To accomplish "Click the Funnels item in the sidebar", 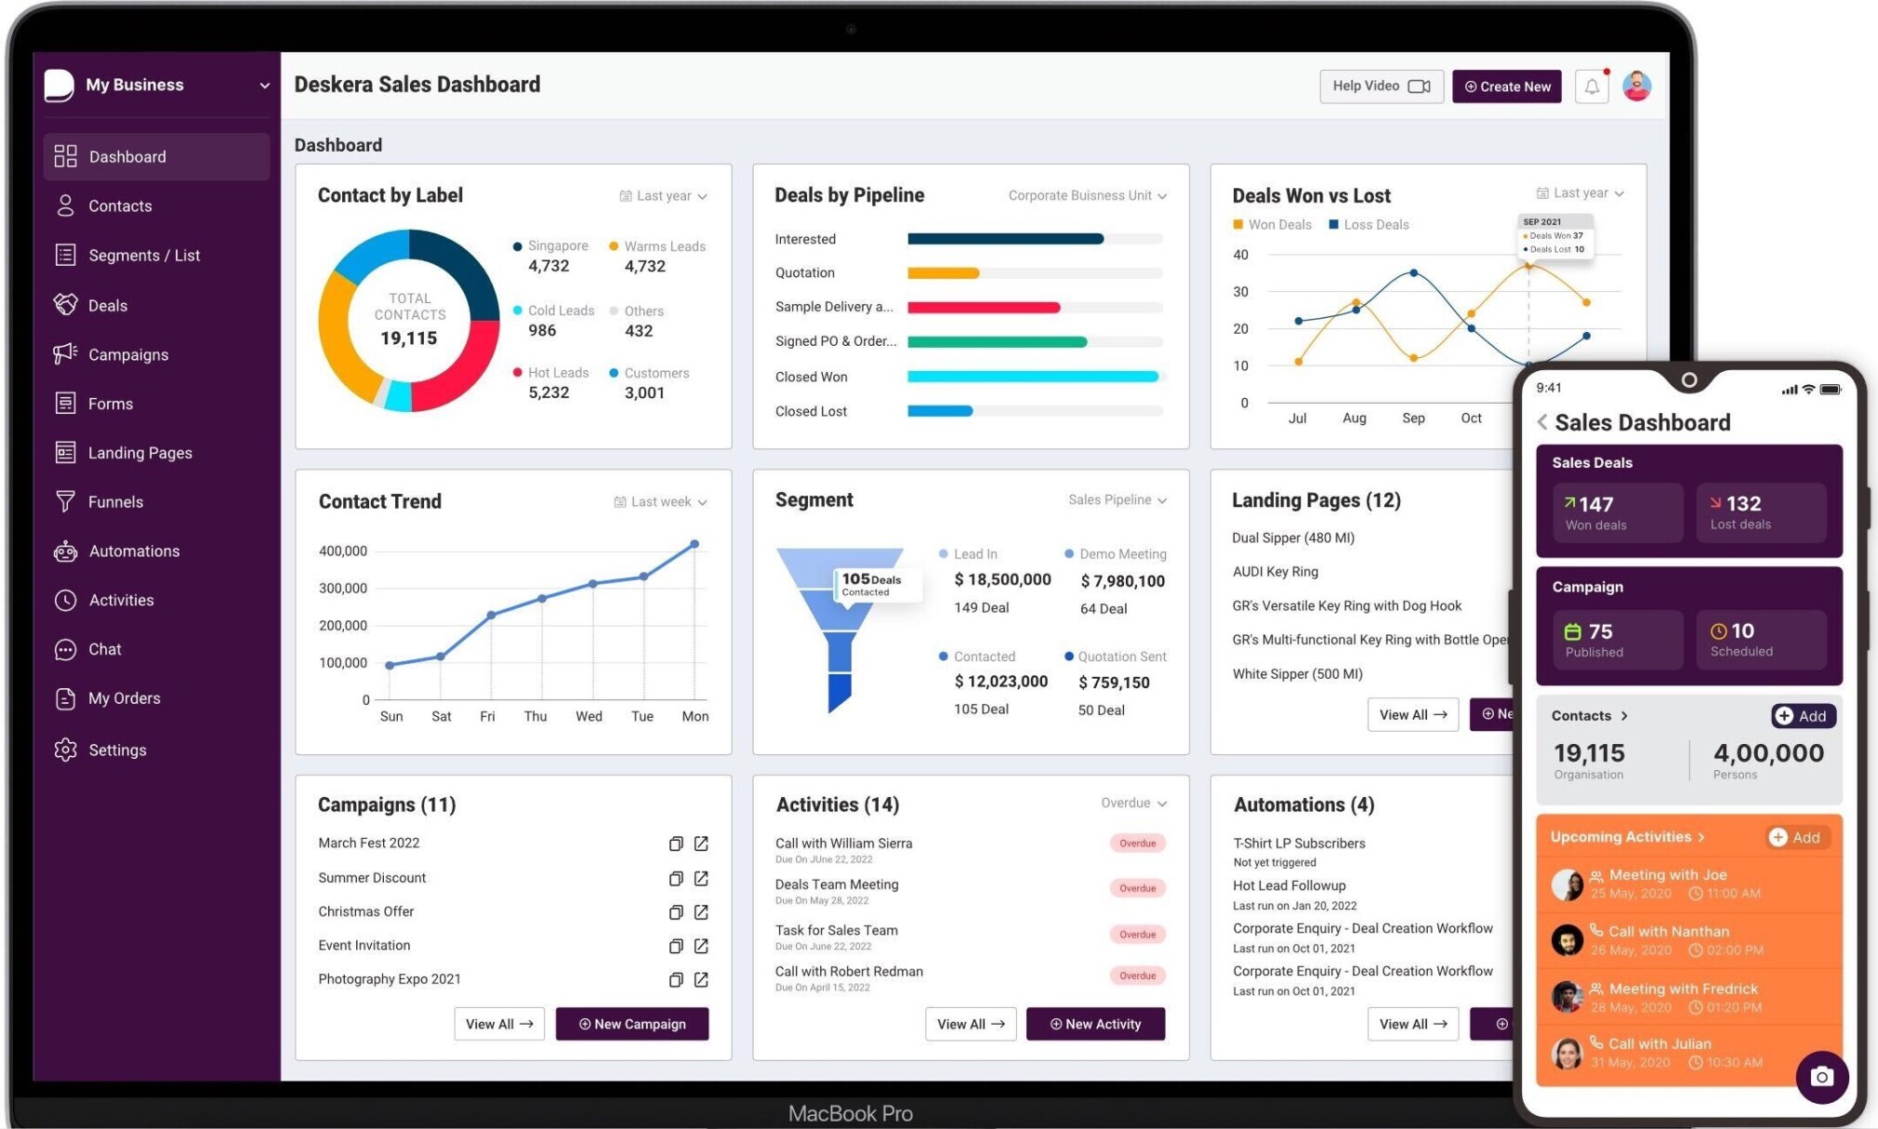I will point(115,502).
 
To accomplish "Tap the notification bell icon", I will point(1592,86).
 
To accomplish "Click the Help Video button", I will point(1381,86).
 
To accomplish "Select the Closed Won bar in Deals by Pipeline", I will point(1032,377).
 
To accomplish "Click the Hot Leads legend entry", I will point(557,373).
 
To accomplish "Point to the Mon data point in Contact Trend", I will point(694,544).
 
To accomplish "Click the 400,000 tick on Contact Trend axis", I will point(343,551).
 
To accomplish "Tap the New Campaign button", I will point(632,1024).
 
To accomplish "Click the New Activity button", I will point(1095,1024).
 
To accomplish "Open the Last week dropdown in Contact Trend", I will point(661,502).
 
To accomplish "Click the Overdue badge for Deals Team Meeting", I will point(1137,888).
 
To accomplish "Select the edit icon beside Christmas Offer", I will point(702,912).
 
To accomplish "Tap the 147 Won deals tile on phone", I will point(1618,512).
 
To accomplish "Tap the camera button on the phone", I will point(1821,1077).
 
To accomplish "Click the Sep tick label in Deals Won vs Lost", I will point(1413,418).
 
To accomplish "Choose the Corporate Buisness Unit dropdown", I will point(1087,195).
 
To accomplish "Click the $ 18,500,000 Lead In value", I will point(1002,579).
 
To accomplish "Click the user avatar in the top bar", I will point(1636,86).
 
